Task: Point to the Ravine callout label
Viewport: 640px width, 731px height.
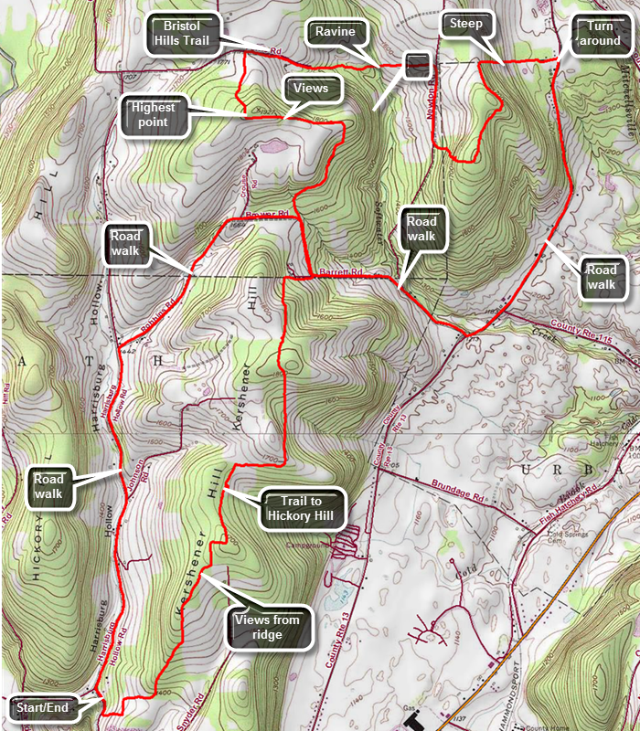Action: pyautogui.click(x=335, y=32)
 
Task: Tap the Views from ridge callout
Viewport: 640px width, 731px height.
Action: pyautogui.click(x=272, y=629)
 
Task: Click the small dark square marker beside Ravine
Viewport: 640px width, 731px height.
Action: pyautogui.click(x=417, y=64)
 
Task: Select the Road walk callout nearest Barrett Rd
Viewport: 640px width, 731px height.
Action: pyautogui.click(x=421, y=229)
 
